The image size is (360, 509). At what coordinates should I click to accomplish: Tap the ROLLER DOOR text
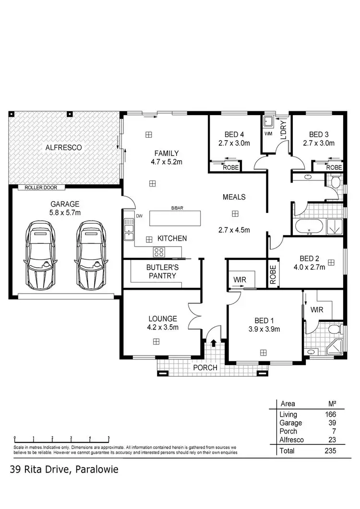(41, 188)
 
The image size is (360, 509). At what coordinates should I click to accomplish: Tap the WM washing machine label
(268, 134)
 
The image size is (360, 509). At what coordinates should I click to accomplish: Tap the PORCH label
(205, 367)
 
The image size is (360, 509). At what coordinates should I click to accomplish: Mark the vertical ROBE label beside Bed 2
(273, 275)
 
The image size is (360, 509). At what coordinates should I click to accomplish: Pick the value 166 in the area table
(330, 414)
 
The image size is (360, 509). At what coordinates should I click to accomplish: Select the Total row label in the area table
(287, 451)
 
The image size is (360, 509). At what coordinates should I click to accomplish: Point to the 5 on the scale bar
(108, 438)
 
